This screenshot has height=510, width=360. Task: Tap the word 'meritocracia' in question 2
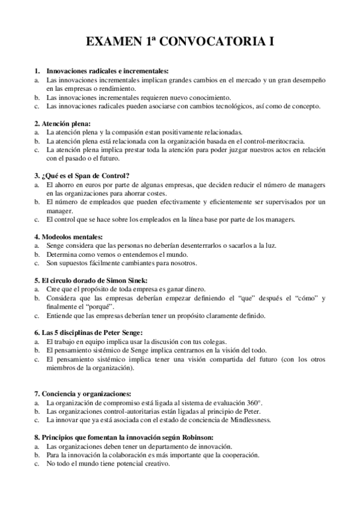point(255,141)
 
